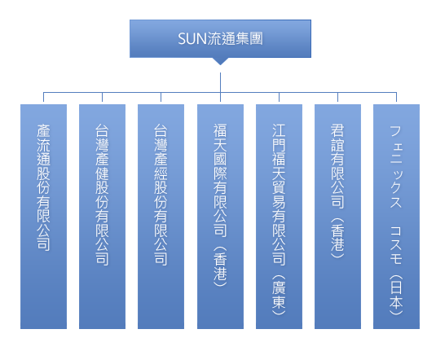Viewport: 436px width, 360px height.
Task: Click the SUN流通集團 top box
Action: (x=220, y=38)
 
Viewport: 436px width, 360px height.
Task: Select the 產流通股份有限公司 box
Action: (x=43, y=217)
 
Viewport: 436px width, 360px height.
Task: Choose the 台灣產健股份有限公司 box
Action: (x=102, y=217)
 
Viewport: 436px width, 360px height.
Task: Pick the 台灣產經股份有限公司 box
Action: (x=161, y=217)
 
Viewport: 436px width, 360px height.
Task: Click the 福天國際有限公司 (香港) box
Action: (x=220, y=217)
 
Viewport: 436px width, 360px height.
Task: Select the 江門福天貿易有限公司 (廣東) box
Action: (x=279, y=217)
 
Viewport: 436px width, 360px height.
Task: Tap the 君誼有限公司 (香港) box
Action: (x=337, y=217)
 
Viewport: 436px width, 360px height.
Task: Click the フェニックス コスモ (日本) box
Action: (x=396, y=217)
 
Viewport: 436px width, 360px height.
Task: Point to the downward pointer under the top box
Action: (x=220, y=61)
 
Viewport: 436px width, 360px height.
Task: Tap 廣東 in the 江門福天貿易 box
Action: (x=279, y=295)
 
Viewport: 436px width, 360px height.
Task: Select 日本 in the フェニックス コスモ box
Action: (x=396, y=295)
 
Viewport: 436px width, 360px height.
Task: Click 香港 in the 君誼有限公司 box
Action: (x=337, y=238)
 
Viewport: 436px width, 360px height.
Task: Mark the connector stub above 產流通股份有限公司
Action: (x=43, y=97)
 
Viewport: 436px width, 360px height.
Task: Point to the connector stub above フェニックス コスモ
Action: (x=396, y=97)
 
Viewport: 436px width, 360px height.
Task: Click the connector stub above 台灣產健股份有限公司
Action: (x=102, y=97)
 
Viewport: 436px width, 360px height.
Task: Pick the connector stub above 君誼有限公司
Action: (x=337, y=97)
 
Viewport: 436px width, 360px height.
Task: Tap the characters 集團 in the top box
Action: (x=249, y=38)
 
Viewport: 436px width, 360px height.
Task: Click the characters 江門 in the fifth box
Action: (x=279, y=138)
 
